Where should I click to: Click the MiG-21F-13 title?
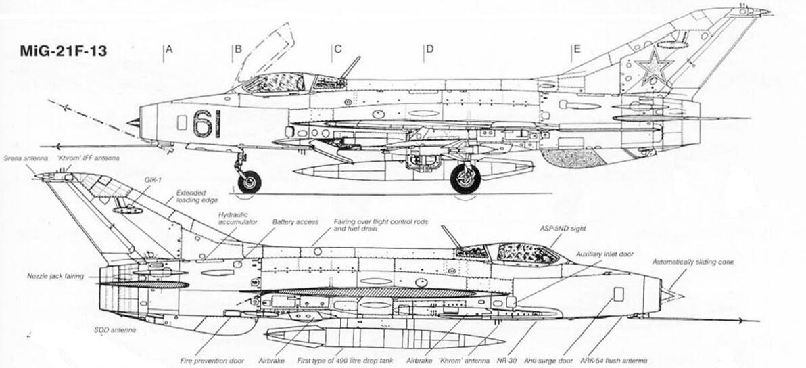pos(64,51)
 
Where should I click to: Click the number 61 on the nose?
pos(206,123)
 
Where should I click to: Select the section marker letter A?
pos(169,49)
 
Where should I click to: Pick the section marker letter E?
pos(577,49)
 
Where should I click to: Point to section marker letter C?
pos(337,49)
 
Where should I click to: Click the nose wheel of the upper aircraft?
pos(250,181)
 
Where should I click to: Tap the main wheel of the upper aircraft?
pos(465,179)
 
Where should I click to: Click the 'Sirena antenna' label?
pos(26,158)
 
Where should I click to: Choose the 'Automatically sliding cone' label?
pos(693,262)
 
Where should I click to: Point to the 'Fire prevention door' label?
pos(212,361)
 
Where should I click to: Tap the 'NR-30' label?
pos(508,361)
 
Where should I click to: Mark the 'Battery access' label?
pos(295,222)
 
